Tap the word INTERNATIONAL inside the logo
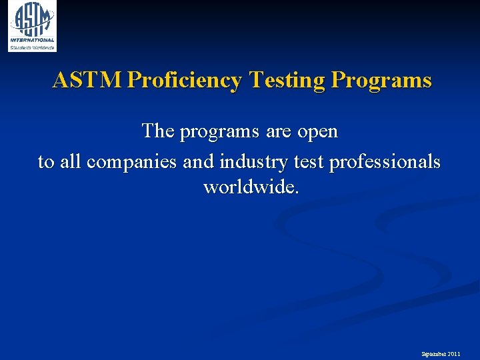coord(32,40)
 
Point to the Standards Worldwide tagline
coord(32,47)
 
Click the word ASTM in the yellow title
coord(87,81)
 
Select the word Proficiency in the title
coord(184,81)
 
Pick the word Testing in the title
coord(287,81)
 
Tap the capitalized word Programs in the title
coord(381,81)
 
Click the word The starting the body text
coord(157,131)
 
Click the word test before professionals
coord(307,161)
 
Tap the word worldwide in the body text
coord(251,187)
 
